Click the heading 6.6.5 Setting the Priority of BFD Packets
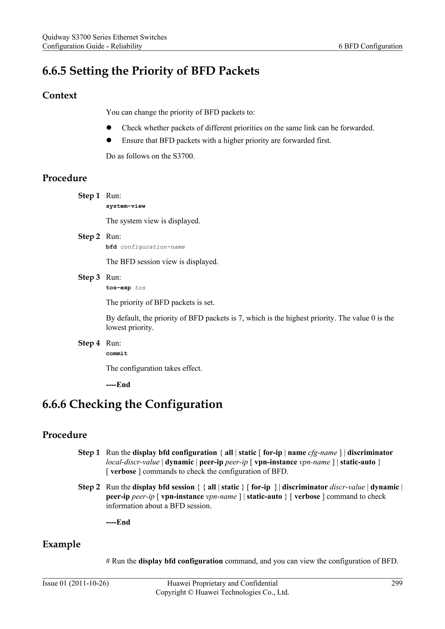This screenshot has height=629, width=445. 151,71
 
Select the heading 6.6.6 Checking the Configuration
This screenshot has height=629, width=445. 132,404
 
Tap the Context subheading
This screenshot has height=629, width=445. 60,95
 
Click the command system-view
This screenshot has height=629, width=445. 126,206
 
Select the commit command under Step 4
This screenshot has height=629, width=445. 117,353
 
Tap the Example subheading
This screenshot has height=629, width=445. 61,544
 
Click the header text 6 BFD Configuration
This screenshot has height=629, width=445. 370,46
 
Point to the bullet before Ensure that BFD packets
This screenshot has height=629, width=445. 109,140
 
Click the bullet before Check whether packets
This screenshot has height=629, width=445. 109,128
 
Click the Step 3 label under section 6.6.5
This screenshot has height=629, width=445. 89,277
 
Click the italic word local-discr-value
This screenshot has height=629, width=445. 133,462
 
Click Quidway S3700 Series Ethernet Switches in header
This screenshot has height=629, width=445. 104,37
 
